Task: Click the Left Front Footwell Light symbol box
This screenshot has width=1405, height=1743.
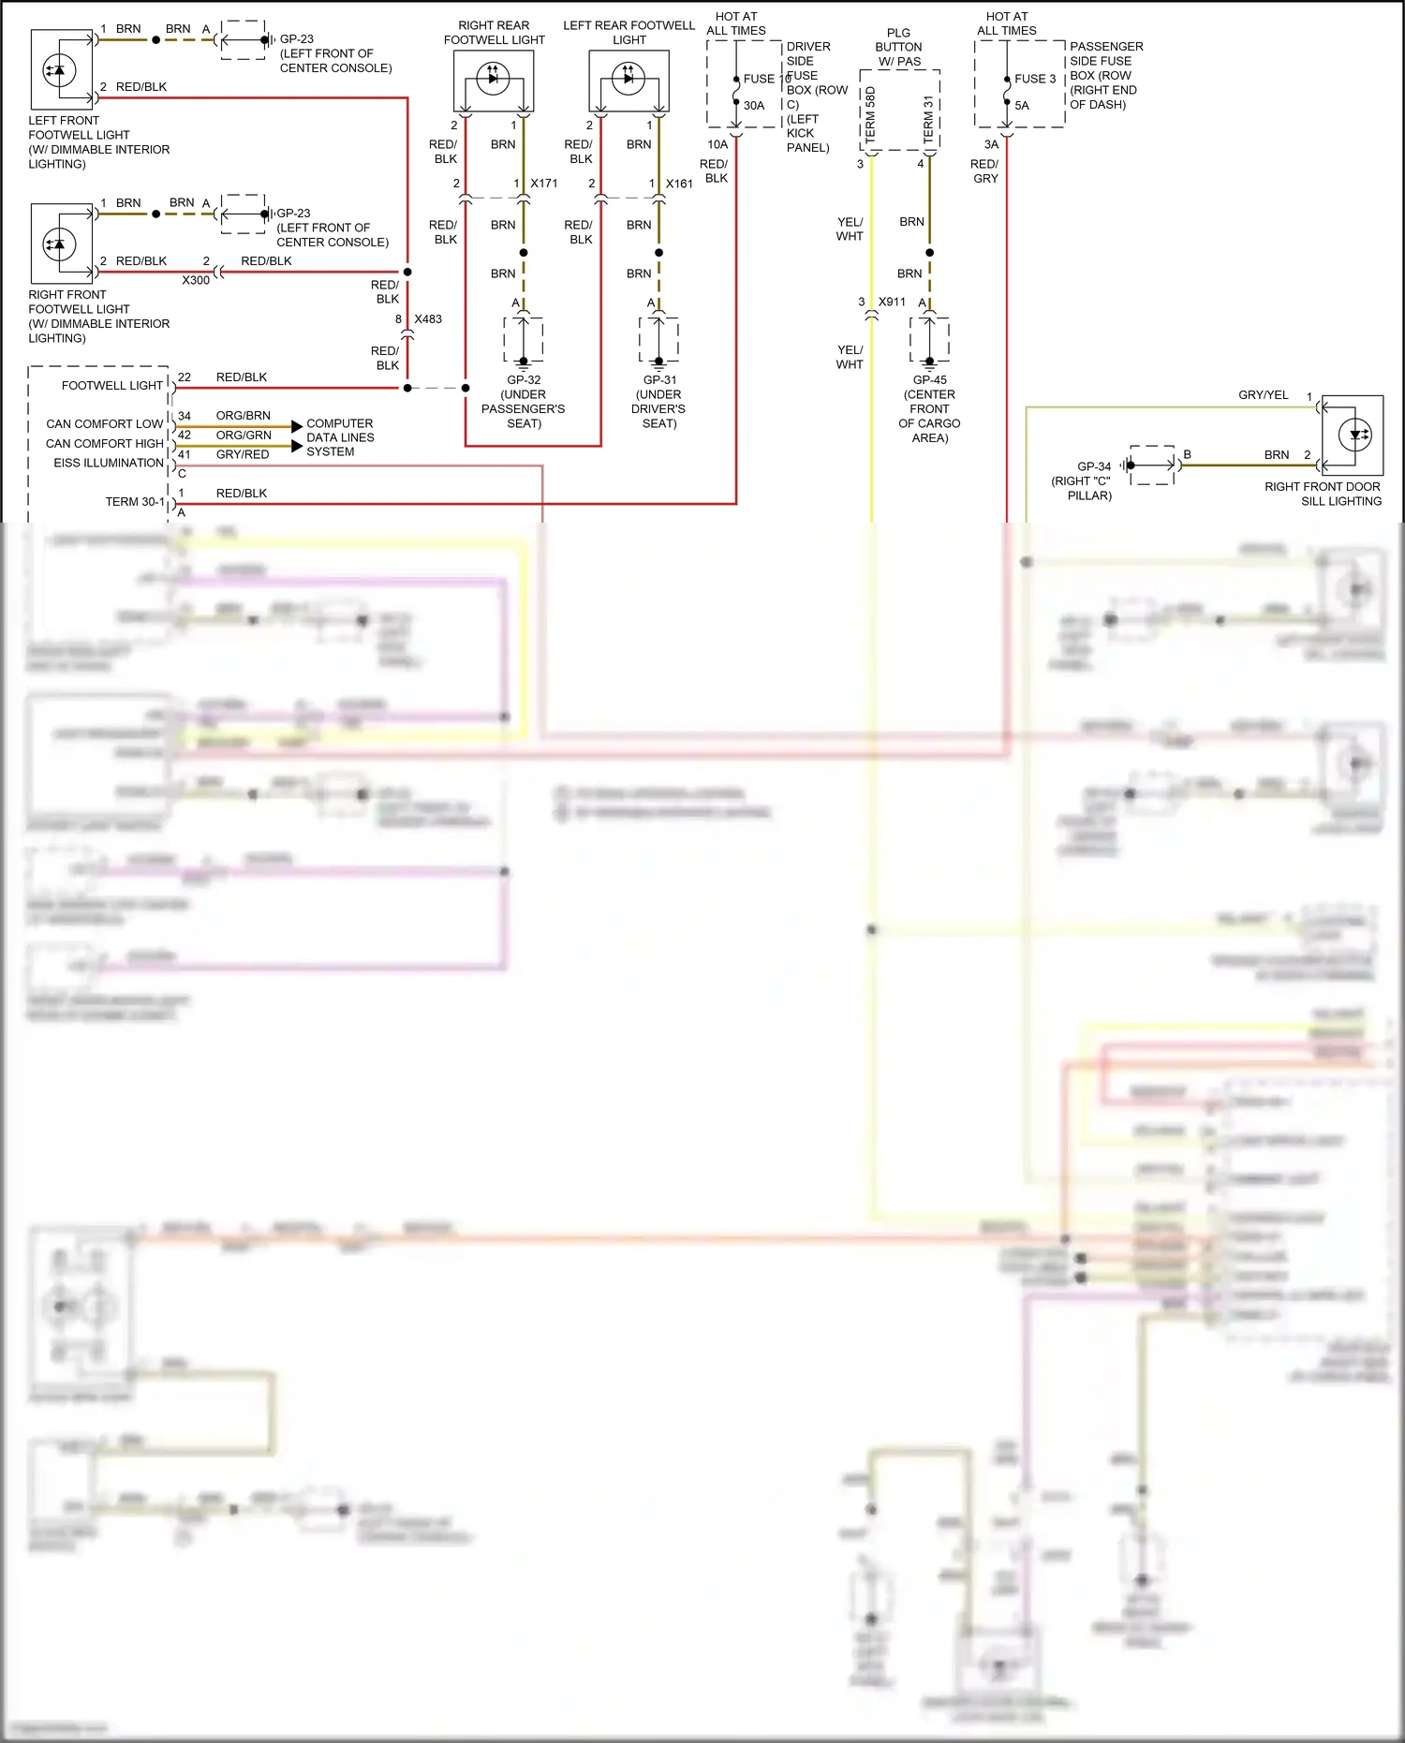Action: pyautogui.click(x=62, y=70)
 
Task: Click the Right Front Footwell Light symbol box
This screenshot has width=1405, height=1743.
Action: pyautogui.click(x=62, y=244)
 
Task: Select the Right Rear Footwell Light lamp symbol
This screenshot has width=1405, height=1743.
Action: pyautogui.click(x=494, y=81)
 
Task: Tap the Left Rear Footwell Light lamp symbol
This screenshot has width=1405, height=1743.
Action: pyautogui.click(x=629, y=81)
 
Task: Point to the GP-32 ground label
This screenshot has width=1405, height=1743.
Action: pyautogui.click(x=524, y=380)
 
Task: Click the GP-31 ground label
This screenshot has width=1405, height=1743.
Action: pyautogui.click(x=659, y=380)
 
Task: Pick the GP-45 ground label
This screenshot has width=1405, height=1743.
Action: pyautogui.click(x=929, y=380)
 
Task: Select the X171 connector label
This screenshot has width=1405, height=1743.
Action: pyautogui.click(x=544, y=184)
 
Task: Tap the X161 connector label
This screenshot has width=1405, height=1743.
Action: pyautogui.click(x=679, y=184)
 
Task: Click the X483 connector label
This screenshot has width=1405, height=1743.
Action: pyautogui.click(x=428, y=319)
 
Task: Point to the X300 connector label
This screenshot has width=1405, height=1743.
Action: pyautogui.click(x=196, y=280)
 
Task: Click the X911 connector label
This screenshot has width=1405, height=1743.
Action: pyautogui.click(x=892, y=303)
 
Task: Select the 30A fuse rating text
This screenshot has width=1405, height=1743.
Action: pyautogui.click(x=754, y=106)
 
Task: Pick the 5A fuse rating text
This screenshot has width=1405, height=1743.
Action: pyautogui.click(x=1022, y=106)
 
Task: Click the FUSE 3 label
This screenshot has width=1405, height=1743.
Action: pyautogui.click(x=1035, y=80)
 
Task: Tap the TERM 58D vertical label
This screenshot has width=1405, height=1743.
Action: pyautogui.click(x=870, y=114)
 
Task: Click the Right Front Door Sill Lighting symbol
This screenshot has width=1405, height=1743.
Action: pyautogui.click(x=1353, y=435)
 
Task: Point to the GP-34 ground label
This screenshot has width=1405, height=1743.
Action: pyautogui.click(x=1094, y=466)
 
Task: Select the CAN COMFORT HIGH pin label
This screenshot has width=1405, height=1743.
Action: pyautogui.click(x=105, y=444)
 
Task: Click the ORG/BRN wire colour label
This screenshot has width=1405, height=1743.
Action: pyautogui.click(x=244, y=416)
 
